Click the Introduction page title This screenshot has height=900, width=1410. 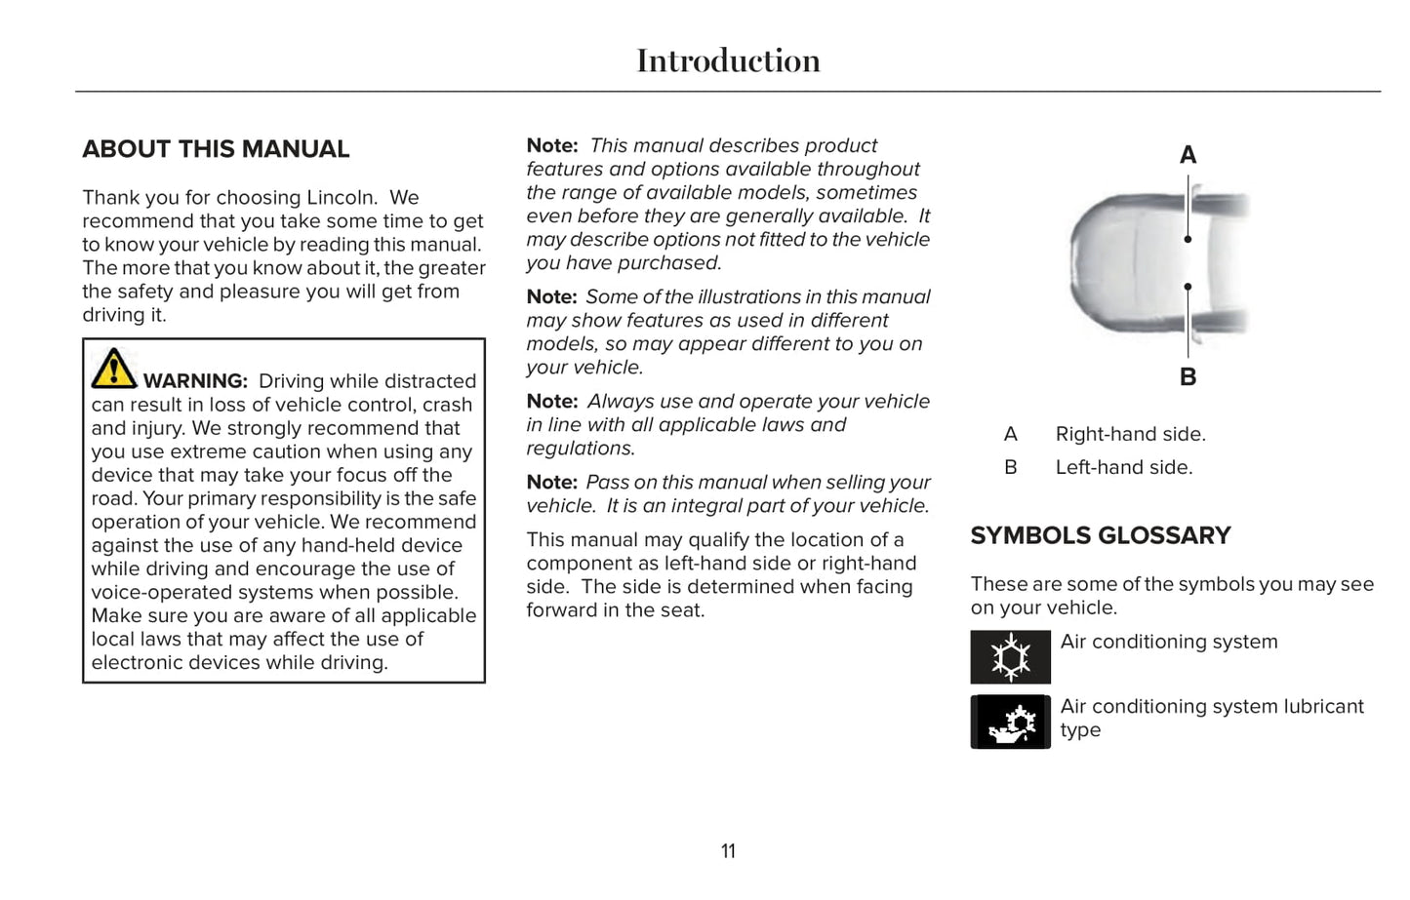pyautogui.click(x=728, y=60)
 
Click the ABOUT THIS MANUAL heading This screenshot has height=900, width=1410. pyautogui.click(x=216, y=149)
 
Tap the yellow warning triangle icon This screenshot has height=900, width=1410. pyautogui.click(x=114, y=369)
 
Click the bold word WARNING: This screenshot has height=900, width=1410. pyautogui.click(x=195, y=381)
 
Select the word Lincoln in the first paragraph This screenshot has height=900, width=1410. pyautogui.click(x=342, y=198)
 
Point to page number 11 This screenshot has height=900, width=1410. pyautogui.click(x=728, y=851)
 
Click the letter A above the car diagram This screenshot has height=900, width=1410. pyautogui.click(x=1188, y=155)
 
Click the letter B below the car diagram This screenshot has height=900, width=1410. pyautogui.click(x=1188, y=377)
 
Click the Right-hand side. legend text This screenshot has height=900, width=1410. pyautogui.click(x=1130, y=435)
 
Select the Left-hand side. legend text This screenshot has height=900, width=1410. pyautogui.click(x=1123, y=468)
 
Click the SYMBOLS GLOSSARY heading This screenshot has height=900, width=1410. pyautogui.click(x=1100, y=536)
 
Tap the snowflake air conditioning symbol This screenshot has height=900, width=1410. pyautogui.click(x=1010, y=657)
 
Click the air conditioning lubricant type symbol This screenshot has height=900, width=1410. pyautogui.click(x=1010, y=723)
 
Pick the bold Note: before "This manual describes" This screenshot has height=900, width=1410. pyautogui.click(x=552, y=146)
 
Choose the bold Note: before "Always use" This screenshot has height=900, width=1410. pyautogui.click(x=552, y=402)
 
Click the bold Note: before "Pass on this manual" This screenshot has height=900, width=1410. pyautogui.click(x=552, y=483)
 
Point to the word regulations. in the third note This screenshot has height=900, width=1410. pyautogui.click(x=581, y=449)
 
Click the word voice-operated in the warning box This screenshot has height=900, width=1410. pyautogui.click(x=157, y=593)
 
